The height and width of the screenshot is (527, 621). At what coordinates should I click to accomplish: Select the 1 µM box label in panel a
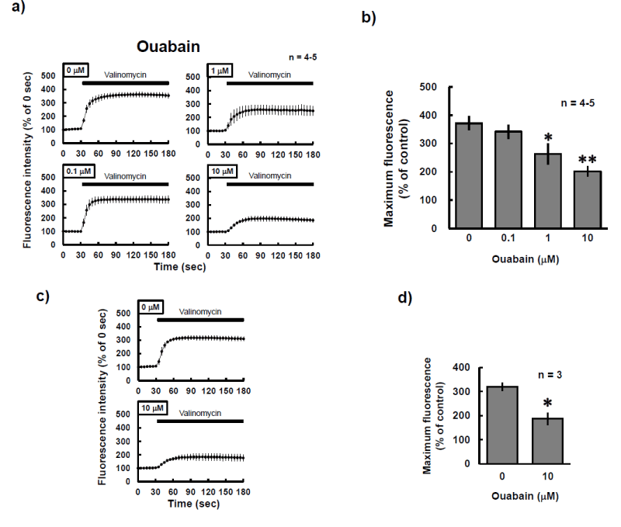220,71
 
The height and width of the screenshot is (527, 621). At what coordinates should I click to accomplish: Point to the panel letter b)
369,18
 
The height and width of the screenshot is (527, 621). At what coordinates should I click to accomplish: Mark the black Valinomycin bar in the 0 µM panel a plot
125,81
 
